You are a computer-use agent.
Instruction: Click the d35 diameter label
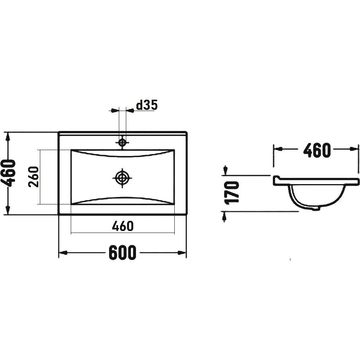pyautogui.click(x=147, y=105)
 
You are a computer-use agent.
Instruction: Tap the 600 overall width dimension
pyautogui.click(x=122, y=253)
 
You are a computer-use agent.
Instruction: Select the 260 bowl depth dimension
pyautogui.click(x=34, y=177)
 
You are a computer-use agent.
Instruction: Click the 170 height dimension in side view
pyautogui.click(x=232, y=193)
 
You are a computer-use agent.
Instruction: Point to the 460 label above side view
pyautogui.click(x=317, y=150)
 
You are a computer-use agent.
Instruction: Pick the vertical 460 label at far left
pyautogui.click(x=8, y=174)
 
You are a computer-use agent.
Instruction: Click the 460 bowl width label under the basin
pyautogui.click(x=123, y=226)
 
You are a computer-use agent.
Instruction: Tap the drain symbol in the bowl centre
pyautogui.click(x=122, y=177)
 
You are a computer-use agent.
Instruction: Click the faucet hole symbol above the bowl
pyautogui.click(x=122, y=143)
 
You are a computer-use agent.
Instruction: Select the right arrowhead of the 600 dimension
pyautogui.click(x=182, y=253)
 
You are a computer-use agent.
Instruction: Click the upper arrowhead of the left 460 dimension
pyautogui.click(x=8, y=137)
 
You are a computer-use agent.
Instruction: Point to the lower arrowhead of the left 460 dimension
pyautogui.click(x=8, y=210)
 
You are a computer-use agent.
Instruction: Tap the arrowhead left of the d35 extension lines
pyautogui.click(x=115, y=111)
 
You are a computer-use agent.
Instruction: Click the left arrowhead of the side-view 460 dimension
pyautogui.click(x=278, y=149)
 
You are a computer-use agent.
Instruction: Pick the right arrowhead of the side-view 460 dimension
pyautogui.click(x=354, y=149)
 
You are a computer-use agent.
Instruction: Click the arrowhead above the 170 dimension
pyautogui.click(x=226, y=170)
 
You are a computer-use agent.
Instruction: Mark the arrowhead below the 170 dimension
pyautogui.click(x=224, y=217)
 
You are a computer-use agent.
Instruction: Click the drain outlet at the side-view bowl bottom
pyautogui.click(x=316, y=208)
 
